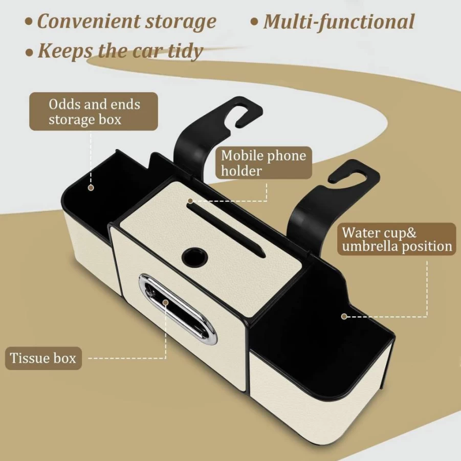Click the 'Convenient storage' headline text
[127, 22]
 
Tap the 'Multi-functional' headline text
[339, 21]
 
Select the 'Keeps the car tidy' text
[121, 51]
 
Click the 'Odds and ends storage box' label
[94, 112]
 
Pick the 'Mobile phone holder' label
[264, 163]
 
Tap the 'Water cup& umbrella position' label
[397, 239]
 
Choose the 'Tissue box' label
[43, 358]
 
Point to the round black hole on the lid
[194, 256]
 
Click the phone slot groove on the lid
[226, 229]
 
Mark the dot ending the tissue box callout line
[166, 302]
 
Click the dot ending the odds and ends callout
[91, 188]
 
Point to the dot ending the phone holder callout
[190, 201]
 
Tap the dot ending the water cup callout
[344, 316]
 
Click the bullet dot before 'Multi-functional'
[254, 22]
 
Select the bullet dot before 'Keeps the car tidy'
[29, 53]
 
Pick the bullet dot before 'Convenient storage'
[29, 22]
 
